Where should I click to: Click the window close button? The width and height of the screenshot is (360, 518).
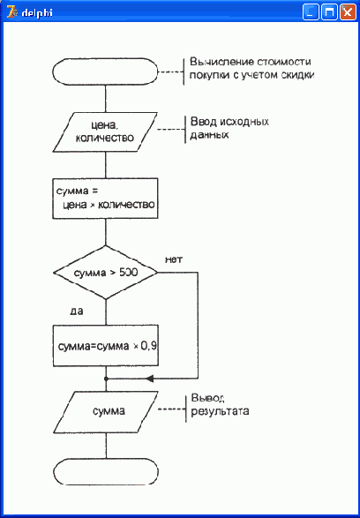[348, 12]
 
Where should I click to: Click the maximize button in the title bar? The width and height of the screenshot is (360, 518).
[329, 12]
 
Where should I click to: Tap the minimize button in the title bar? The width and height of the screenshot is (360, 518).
[311, 12]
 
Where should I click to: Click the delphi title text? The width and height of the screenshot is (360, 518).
[37, 13]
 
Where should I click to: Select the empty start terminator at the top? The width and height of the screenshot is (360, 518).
[105, 71]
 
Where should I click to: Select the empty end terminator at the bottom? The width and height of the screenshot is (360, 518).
[106, 471]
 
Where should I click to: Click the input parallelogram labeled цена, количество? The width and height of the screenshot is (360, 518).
[105, 131]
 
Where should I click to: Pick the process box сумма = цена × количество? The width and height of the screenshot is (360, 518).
[105, 199]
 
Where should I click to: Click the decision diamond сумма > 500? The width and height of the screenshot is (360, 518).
[105, 273]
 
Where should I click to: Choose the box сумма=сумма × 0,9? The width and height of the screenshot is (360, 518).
[106, 346]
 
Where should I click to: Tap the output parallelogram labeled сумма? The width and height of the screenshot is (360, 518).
[106, 412]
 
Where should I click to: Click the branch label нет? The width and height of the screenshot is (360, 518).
[174, 259]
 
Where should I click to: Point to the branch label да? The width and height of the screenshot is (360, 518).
[77, 312]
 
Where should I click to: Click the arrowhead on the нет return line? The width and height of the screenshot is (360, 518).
[150, 379]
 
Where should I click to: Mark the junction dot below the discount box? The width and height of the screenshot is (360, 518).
[106, 379]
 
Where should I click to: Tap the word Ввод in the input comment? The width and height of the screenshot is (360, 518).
[202, 122]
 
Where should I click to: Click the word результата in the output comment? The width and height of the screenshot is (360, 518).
[220, 412]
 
